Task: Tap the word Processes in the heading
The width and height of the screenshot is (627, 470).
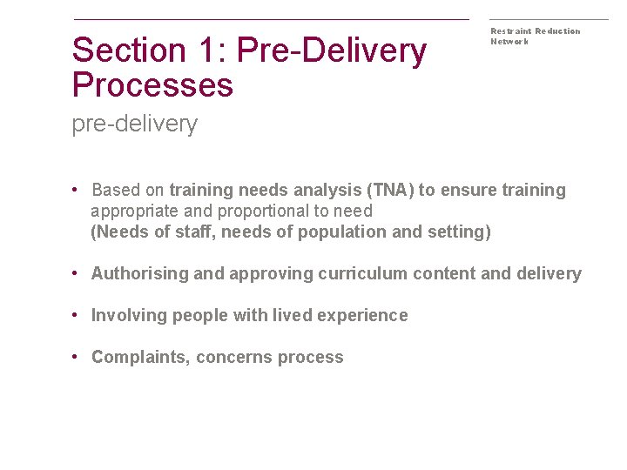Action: click(x=152, y=85)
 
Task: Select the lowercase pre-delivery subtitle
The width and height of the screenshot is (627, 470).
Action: click(x=135, y=124)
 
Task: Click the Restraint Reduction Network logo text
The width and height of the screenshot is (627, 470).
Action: click(x=535, y=36)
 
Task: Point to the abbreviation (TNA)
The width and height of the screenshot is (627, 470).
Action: click(x=390, y=190)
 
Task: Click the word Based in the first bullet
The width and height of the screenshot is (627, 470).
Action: click(x=115, y=190)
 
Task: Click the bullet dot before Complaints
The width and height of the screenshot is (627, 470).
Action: click(x=78, y=357)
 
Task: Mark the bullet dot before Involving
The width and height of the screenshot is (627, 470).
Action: click(x=78, y=315)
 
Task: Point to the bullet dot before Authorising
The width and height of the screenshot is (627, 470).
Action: click(x=78, y=273)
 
